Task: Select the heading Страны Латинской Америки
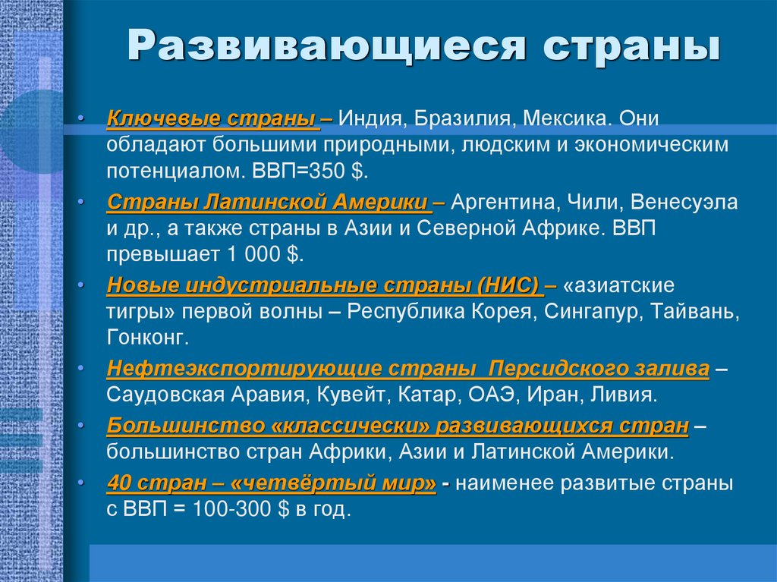(268, 203)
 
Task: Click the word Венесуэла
(690, 203)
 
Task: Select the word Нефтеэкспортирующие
(244, 370)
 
